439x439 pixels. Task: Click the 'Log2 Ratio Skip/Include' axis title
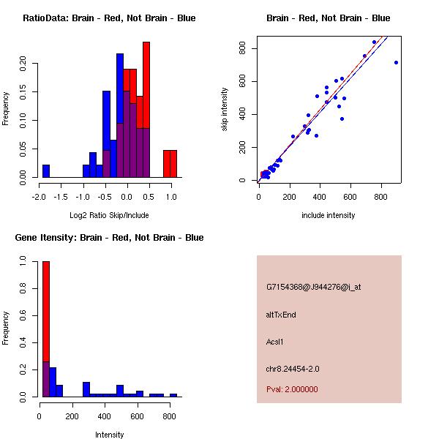point(109,215)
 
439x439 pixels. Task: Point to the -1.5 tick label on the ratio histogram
point(61,196)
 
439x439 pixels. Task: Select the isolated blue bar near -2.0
point(46,170)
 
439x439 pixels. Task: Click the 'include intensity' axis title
point(328,215)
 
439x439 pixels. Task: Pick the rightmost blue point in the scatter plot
point(396,63)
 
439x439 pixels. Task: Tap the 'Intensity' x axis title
point(109,435)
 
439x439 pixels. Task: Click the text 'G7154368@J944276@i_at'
point(313,288)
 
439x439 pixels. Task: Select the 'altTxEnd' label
point(281,315)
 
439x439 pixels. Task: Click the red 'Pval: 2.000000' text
point(292,389)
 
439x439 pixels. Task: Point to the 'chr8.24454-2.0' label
point(293,369)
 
